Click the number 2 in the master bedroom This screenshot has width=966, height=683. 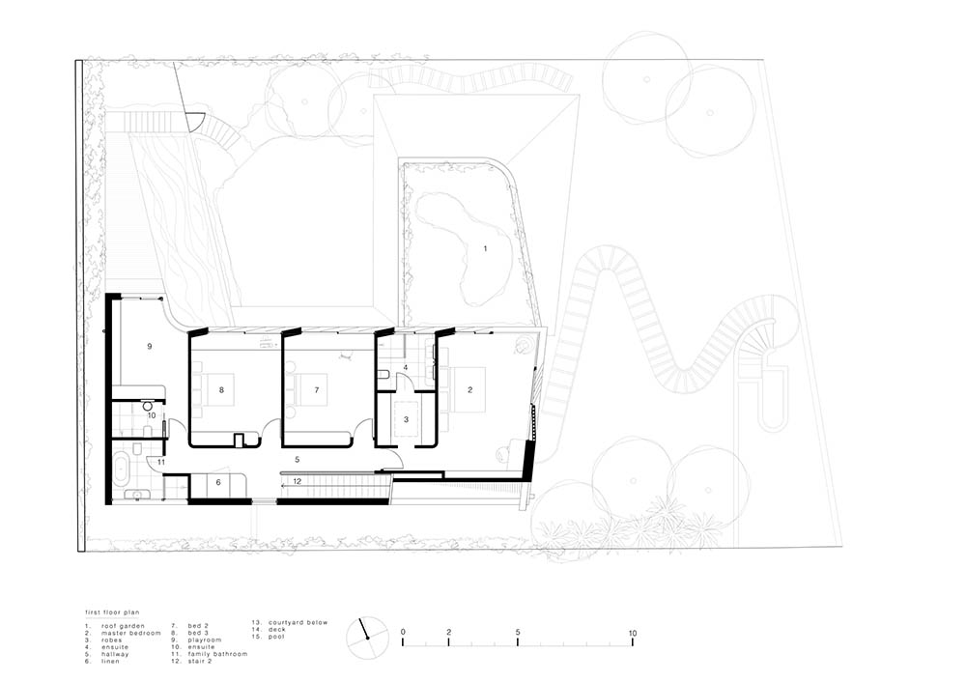point(470,390)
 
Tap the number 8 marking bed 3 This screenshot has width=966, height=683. point(221,390)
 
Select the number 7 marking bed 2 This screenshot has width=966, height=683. point(317,390)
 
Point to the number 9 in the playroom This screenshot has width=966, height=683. point(149,347)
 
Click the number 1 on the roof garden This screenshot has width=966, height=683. point(486,249)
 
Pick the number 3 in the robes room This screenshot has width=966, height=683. point(406,420)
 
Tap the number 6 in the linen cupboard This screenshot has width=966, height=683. point(218,483)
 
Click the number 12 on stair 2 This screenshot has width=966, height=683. point(297,482)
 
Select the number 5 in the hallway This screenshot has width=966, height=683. point(297,460)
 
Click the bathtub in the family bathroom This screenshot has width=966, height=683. point(120,468)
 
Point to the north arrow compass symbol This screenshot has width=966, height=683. point(368,638)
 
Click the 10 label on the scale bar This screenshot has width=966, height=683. point(633,633)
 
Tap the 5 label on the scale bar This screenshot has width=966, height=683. point(518,633)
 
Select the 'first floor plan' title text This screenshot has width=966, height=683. point(112,612)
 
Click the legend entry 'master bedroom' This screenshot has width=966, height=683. point(131,633)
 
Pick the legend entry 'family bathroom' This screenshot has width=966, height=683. point(217,654)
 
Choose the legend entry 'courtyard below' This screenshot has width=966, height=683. point(298,623)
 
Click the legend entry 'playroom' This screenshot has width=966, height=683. point(205,640)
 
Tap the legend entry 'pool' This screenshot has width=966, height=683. point(276,637)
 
